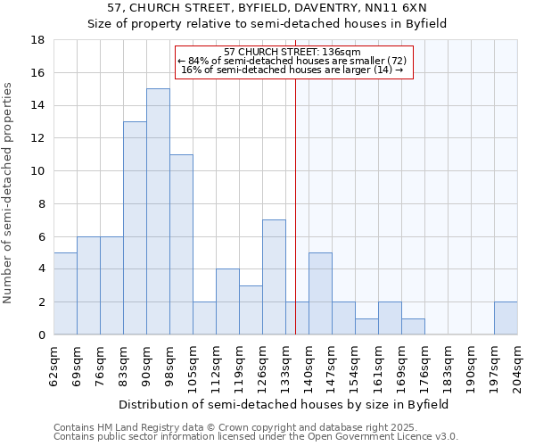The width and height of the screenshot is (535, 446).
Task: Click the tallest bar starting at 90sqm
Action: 158,211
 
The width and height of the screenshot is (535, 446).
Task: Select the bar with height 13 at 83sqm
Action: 135,228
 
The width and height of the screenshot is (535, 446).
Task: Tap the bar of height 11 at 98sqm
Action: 181,244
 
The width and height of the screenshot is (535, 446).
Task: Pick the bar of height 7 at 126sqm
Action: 274,277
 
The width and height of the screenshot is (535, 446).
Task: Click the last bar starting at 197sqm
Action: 505,318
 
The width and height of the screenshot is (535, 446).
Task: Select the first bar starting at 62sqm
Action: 65,293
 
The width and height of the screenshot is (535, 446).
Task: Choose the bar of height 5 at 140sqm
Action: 320,293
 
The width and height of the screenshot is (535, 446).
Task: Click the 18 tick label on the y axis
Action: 38,40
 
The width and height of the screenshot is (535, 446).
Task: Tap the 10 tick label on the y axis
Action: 38,171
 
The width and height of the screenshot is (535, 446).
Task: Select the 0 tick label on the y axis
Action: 42,335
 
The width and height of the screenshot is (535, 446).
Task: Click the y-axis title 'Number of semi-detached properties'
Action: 9,193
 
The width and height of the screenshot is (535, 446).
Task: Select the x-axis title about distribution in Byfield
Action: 283,404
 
